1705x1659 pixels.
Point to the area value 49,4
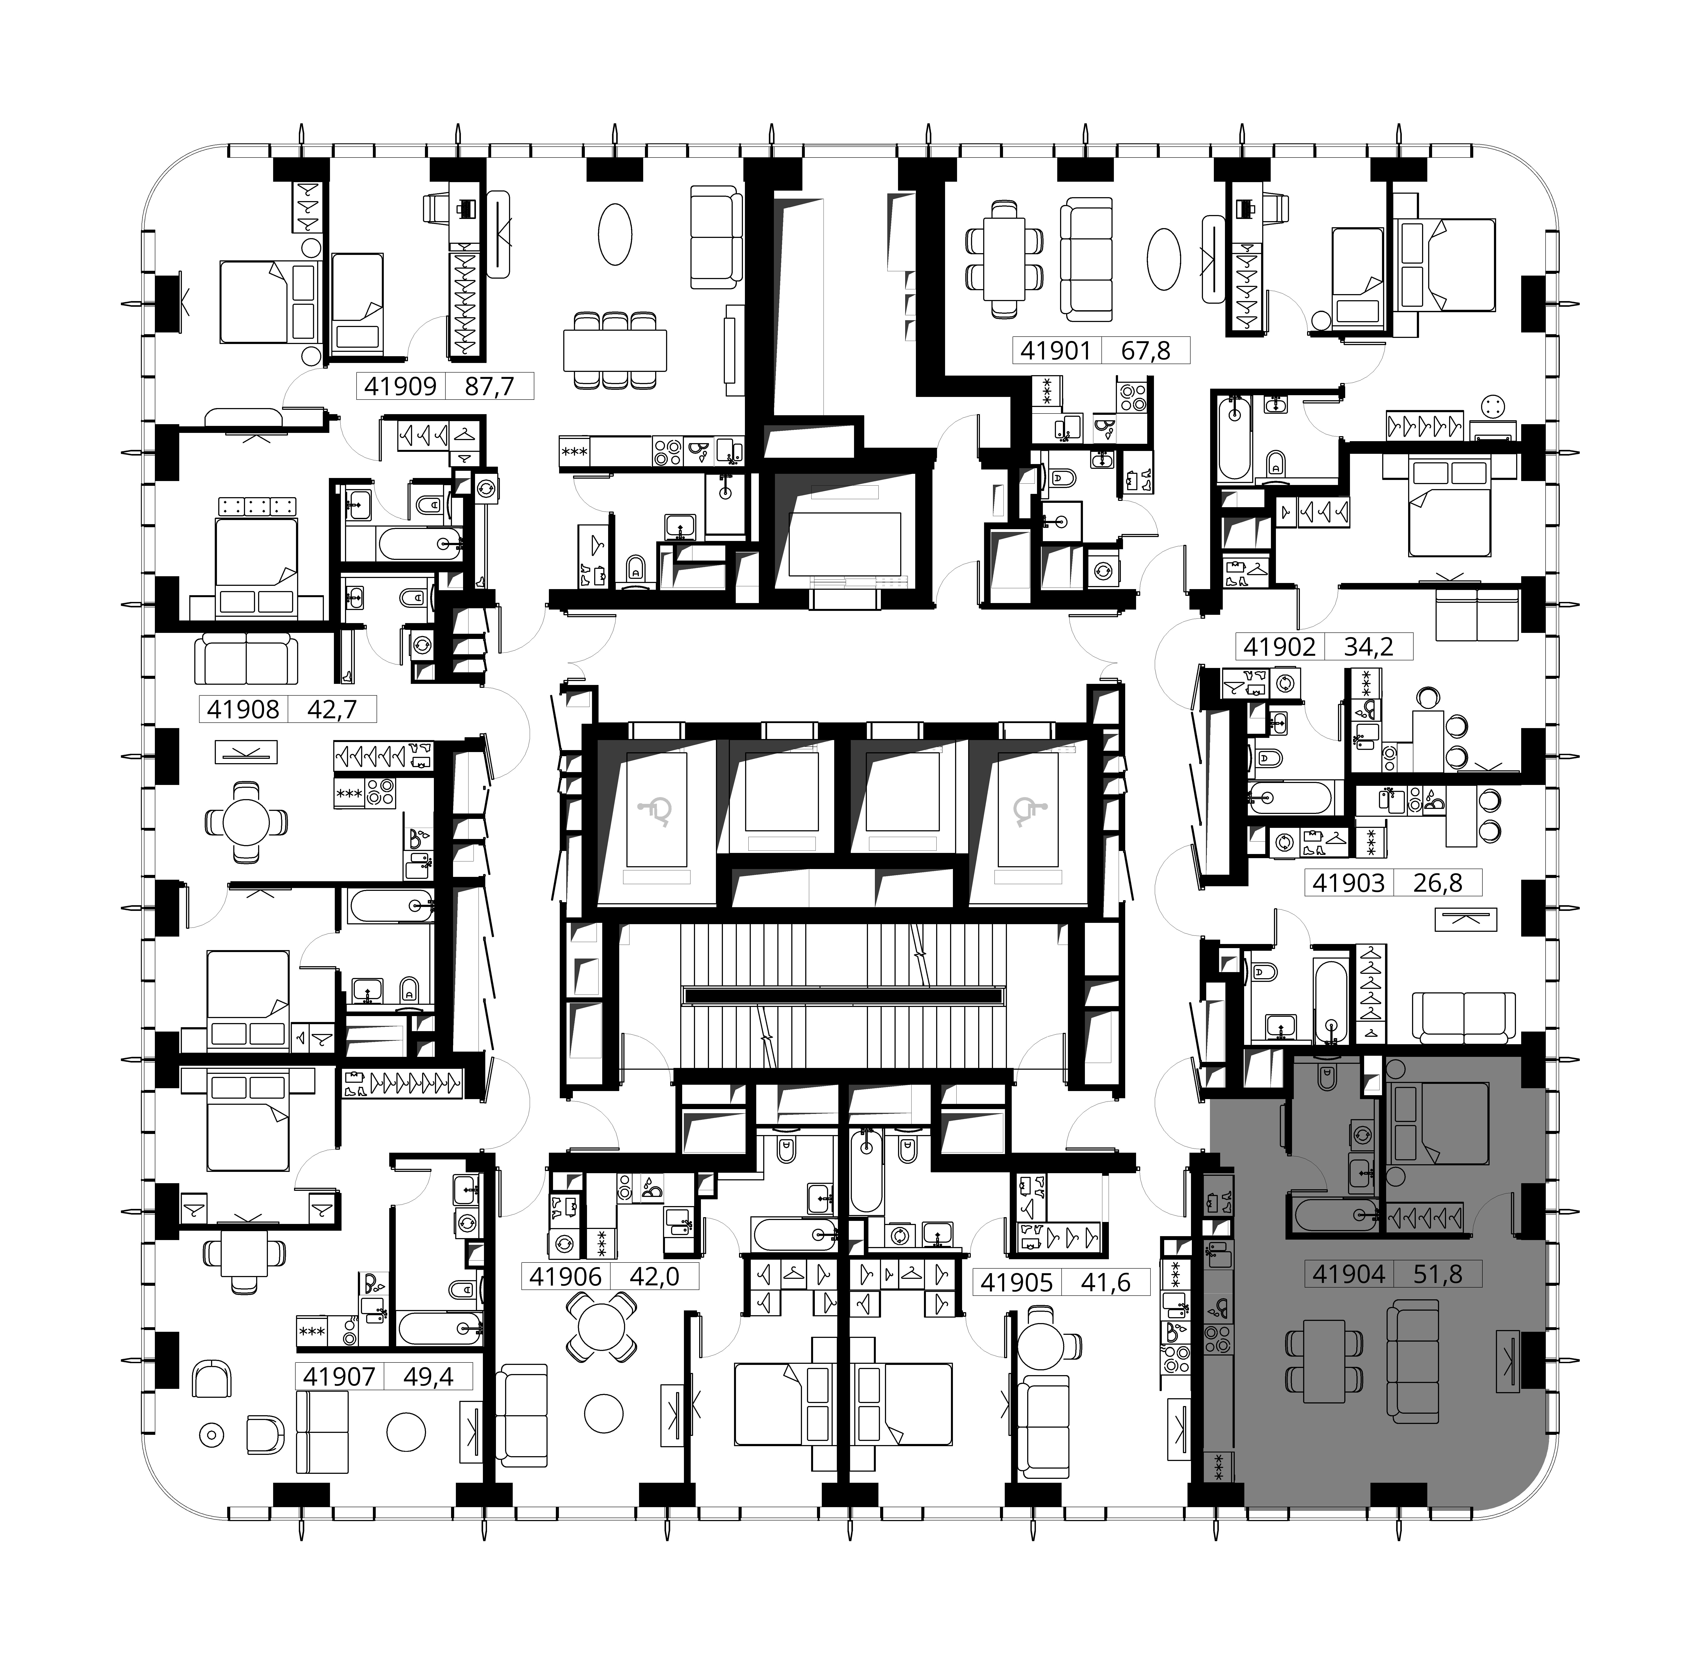(x=429, y=1377)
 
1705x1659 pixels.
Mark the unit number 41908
(x=243, y=709)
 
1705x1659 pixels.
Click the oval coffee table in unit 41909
(x=616, y=234)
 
